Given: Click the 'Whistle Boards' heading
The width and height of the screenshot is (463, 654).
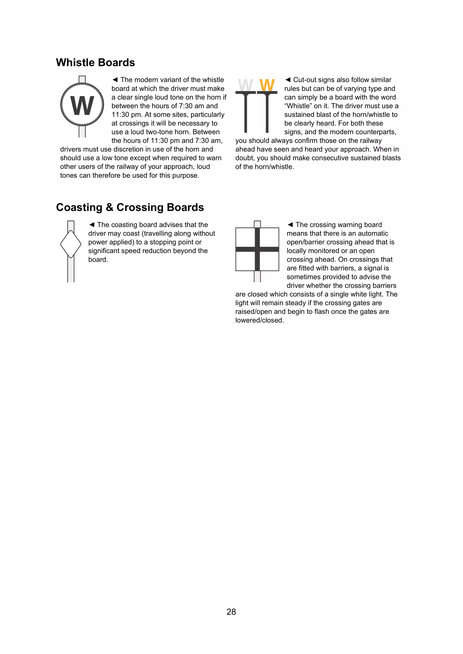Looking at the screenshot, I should click(x=95, y=63).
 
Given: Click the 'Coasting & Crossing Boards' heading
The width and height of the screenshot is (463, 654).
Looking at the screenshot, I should click(x=130, y=207).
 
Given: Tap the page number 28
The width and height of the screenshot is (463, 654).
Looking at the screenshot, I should click(x=231, y=611).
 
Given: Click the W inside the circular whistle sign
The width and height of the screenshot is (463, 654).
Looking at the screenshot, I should click(x=82, y=105).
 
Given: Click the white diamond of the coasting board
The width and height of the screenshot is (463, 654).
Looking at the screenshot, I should click(x=71, y=244).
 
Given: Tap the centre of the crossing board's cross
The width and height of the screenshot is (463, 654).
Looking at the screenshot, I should click(x=257, y=249).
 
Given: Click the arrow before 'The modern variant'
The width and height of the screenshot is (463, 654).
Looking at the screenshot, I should click(x=115, y=80).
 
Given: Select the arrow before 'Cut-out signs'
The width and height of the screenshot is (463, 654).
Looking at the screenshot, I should click(x=288, y=80).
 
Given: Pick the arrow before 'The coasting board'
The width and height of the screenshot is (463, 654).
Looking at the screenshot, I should click(x=92, y=225).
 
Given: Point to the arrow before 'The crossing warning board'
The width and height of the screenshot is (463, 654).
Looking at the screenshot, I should click(x=290, y=225).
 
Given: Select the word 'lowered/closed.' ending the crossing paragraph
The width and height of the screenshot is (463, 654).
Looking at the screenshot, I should click(x=259, y=320).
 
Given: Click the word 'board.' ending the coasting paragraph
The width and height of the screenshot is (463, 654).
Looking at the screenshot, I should click(x=98, y=259).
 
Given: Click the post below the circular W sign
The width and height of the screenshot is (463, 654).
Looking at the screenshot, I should click(x=82, y=132).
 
